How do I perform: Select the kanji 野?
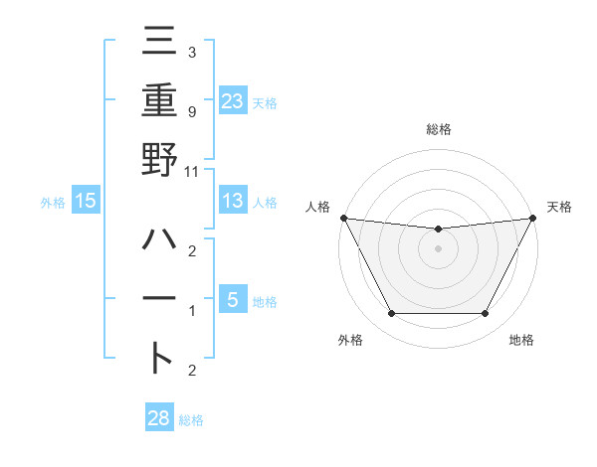pyautogui.click(x=159, y=159)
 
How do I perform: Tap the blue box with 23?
pyautogui.click(x=232, y=101)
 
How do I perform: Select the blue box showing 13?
pyautogui.click(x=232, y=202)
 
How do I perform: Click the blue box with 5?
pyautogui.click(x=232, y=300)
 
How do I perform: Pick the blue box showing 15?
pyautogui.click(x=86, y=202)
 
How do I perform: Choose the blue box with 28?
pyautogui.click(x=159, y=418)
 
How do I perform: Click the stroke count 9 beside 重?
pyautogui.click(x=191, y=112)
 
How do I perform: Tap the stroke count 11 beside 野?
pyautogui.click(x=192, y=171)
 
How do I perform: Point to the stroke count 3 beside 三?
pyautogui.click(x=191, y=53)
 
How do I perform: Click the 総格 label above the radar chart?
pyautogui.click(x=438, y=129)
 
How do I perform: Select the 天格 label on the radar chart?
pyautogui.click(x=560, y=207)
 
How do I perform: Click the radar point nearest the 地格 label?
pyautogui.click(x=486, y=314)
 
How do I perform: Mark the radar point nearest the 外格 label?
pyautogui.click(x=391, y=314)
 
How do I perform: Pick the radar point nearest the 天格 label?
pyautogui.click(x=533, y=218)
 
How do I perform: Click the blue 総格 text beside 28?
pyautogui.click(x=191, y=420)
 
